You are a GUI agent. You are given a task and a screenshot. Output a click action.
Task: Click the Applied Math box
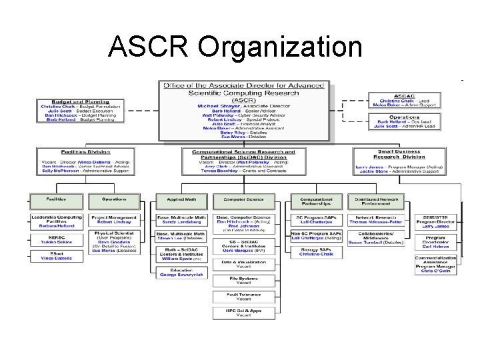[x=181, y=199]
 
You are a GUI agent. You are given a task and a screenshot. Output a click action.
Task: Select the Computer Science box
[x=243, y=199]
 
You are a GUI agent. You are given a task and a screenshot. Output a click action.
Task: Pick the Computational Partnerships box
[x=316, y=201]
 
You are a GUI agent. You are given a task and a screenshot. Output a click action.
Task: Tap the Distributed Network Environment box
[x=377, y=201]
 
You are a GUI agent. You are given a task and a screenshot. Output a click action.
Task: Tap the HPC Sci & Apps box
[x=243, y=313]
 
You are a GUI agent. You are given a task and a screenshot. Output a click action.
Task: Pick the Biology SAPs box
[x=316, y=252]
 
